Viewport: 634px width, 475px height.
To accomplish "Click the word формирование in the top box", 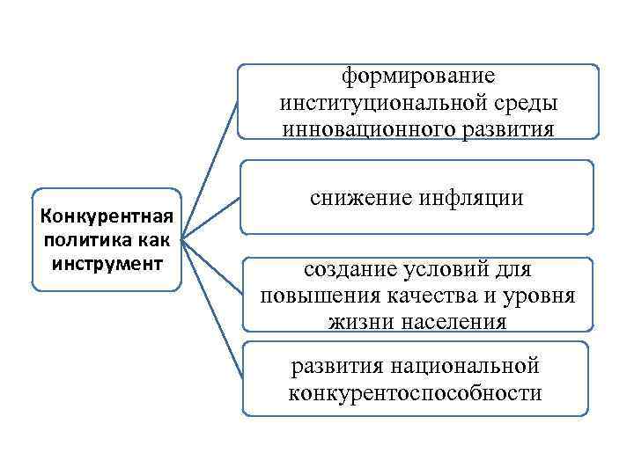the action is pyautogui.click(x=418, y=77).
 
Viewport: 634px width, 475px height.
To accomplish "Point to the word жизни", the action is pyautogui.click(x=360, y=322).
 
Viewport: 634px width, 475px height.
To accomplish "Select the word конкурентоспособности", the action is pyautogui.click(x=415, y=392).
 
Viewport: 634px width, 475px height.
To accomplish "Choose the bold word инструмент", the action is pyautogui.click(x=106, y=262).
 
